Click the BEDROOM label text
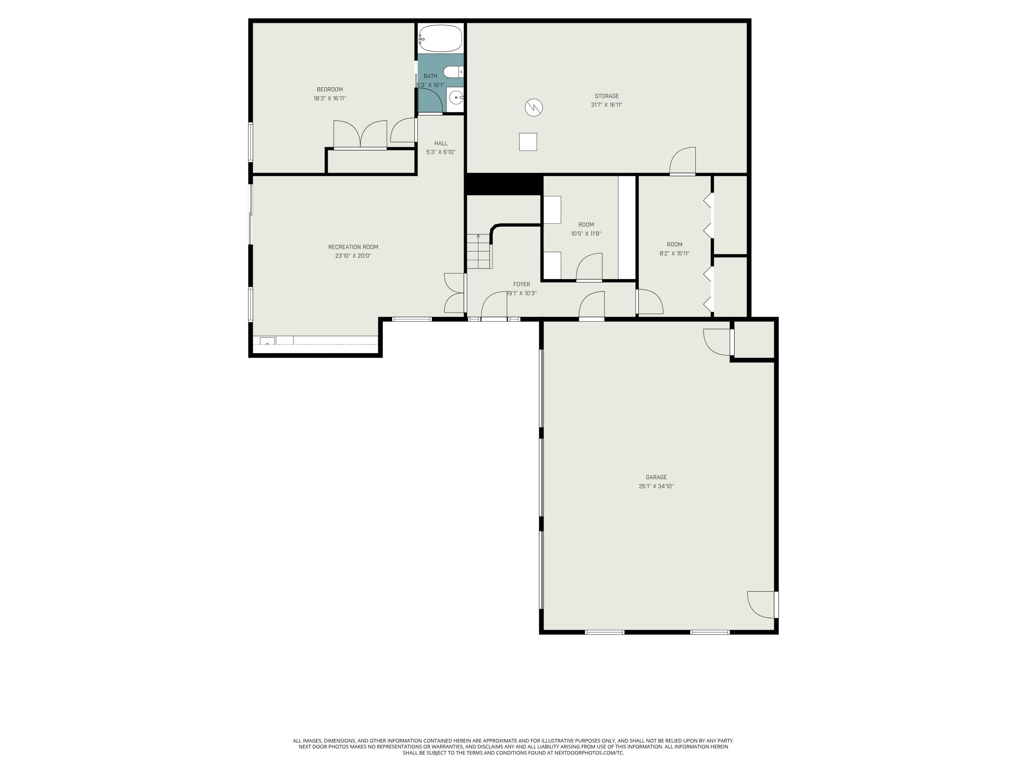click(x=330, y=90)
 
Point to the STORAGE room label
click(x=607, y=96)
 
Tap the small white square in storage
click(x=528, y=142)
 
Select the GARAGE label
click(x=656, y=477)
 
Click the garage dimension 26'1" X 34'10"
click(x=656, y=486)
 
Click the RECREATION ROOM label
click(x=353, y=247)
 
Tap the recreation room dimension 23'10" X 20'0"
click(x=353, y=256)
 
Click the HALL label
click(x=441, y=143)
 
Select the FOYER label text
click(x=521, y=284)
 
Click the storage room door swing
click(x=683, y=161)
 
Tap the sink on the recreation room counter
click(x=267, y=341)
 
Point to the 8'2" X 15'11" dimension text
click(x=675, y=254)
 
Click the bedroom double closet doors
click(x=360, y=134)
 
